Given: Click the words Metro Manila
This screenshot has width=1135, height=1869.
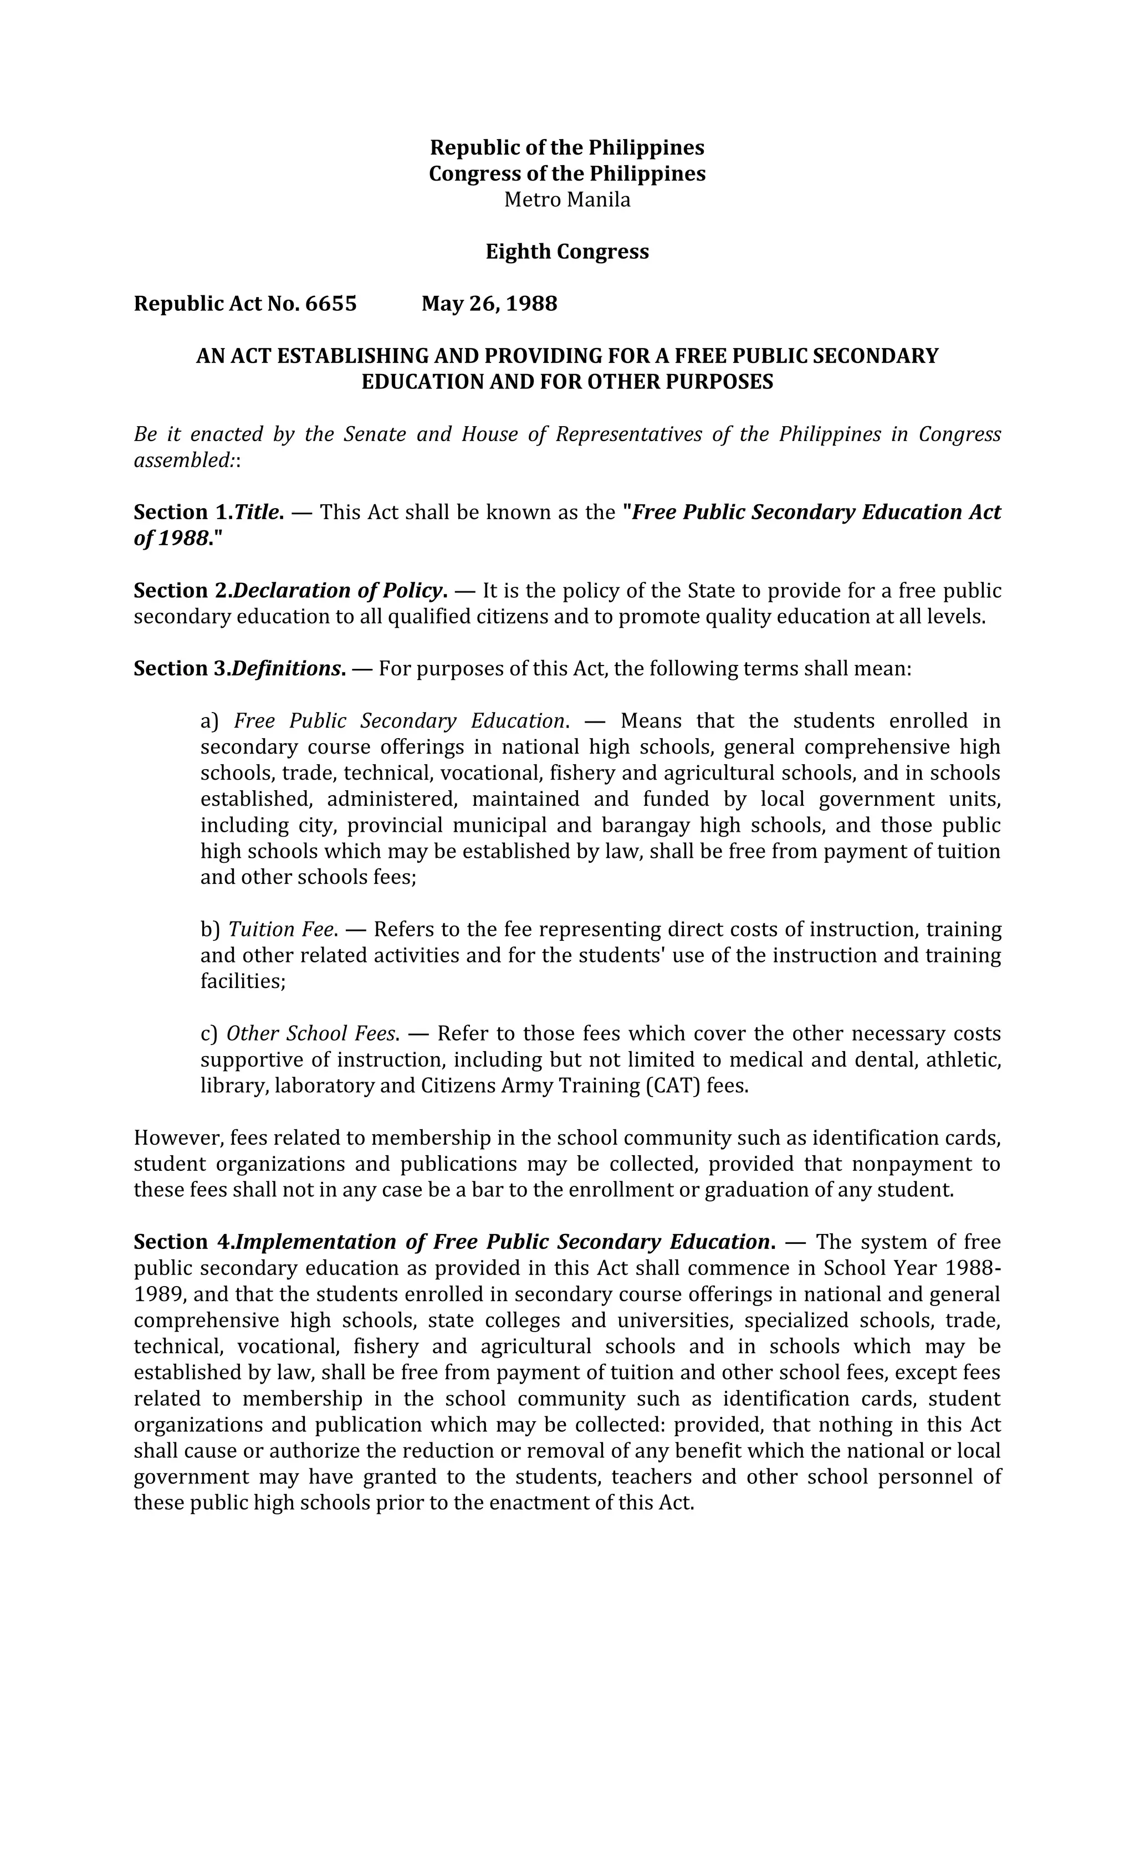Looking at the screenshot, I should [567, 199].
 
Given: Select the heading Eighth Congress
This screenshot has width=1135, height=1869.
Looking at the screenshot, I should [567, 252].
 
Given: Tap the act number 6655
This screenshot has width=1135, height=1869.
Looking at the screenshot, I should [331, 304].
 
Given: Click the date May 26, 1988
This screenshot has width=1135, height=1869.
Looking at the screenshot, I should [489, 304].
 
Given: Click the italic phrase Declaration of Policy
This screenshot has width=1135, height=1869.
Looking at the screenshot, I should [338, 591].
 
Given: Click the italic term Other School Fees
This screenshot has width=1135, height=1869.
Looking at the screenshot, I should [311, 1034].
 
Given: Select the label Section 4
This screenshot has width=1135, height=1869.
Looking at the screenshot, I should [183, 1242].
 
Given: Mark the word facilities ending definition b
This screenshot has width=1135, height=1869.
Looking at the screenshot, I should [241, 981].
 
